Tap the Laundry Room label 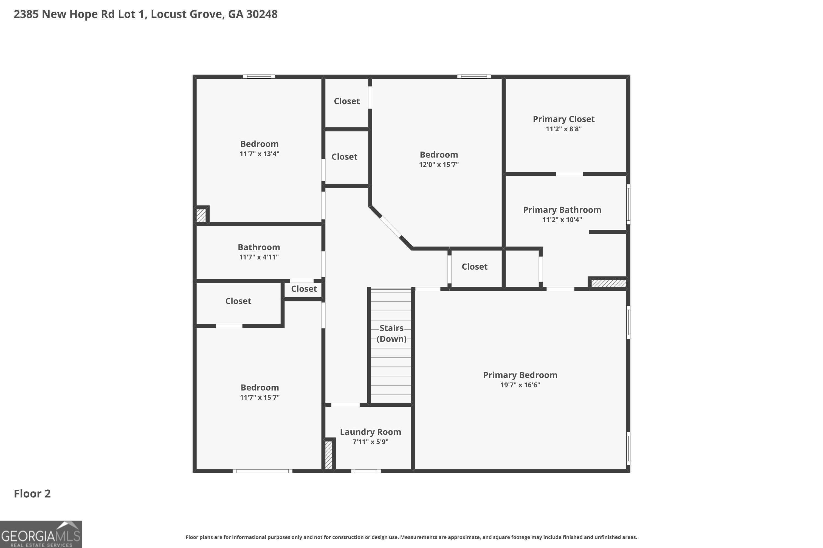tap(370, 432)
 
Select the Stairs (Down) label tap(391, 333)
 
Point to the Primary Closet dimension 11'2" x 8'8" tap(563, 129)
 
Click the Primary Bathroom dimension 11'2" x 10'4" tap(562, 220)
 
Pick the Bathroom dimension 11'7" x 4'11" tap(259, 257)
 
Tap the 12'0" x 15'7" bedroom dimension tap(439, 165)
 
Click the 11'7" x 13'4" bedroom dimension tap(259, 154)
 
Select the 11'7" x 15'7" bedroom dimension tap(260, 397)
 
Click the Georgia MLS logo tap(41, 534)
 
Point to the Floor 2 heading tap(32, 493)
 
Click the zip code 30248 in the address tap(262, 14)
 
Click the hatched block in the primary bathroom tap(608, 283)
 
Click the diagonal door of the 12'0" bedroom tap(390, 227)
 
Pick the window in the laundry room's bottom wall tap(366, 471)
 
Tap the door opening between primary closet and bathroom tap(569, 174)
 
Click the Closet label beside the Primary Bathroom tap(475, 267)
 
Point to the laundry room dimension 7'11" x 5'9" tap(370, 442)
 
